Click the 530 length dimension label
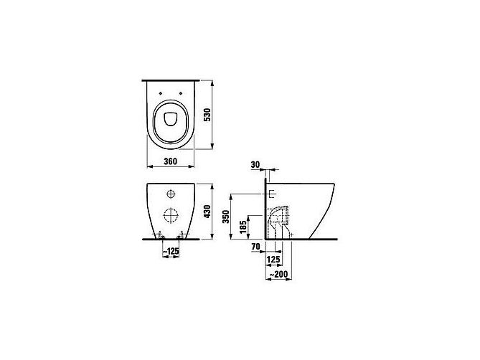[208, 115]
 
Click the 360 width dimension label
[170, 161]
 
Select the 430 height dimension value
[208, 212]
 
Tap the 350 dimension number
[226, 217]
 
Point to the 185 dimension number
[243, 227]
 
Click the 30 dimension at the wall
[255, 165]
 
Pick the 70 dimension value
[255, 246]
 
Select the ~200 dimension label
[278, 275]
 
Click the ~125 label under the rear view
[171, 252]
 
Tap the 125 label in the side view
[273, 260]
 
